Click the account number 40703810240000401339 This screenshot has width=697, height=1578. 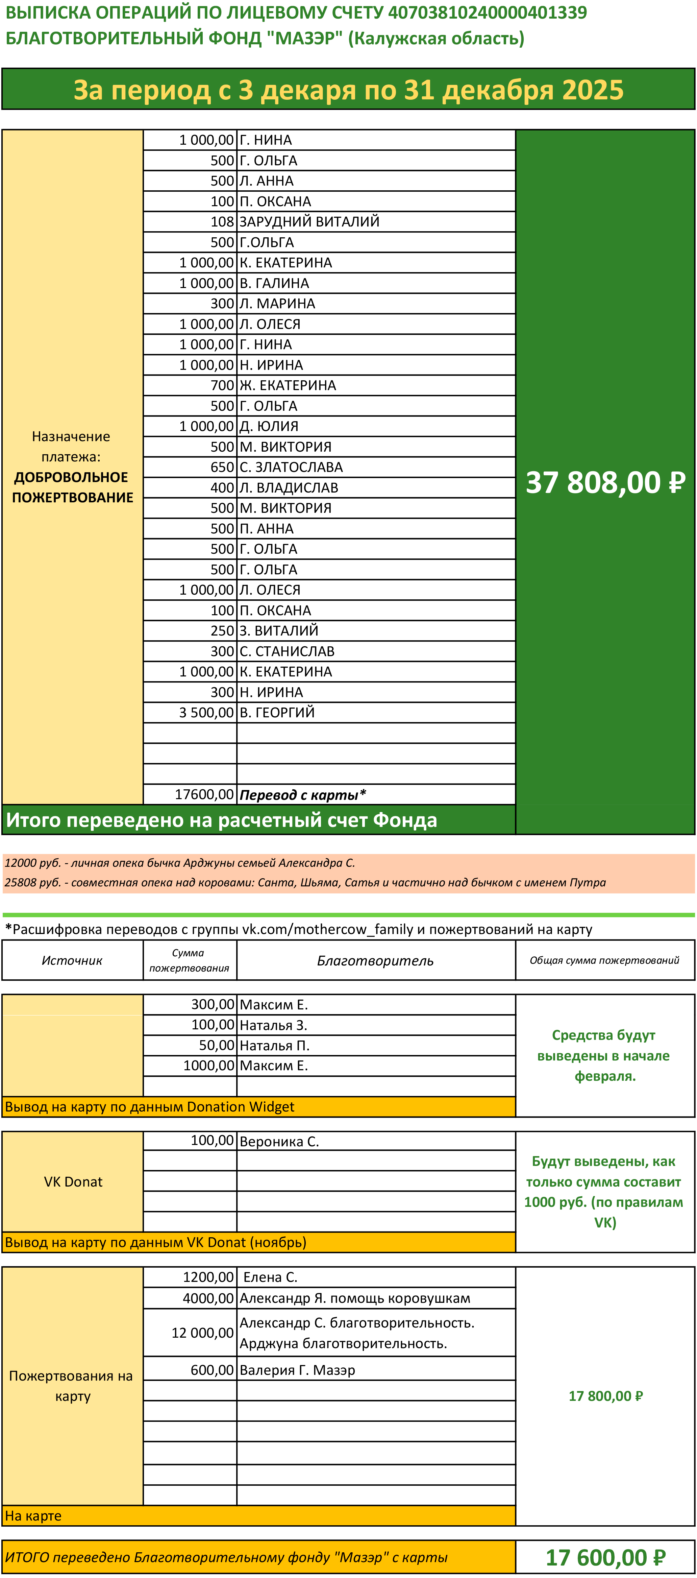487,13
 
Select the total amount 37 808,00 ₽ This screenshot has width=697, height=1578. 605,483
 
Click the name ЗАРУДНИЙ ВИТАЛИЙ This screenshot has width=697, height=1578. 309,222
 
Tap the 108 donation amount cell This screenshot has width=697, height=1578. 222,222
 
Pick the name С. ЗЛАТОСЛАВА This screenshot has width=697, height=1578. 291,468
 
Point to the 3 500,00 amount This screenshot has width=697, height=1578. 206,713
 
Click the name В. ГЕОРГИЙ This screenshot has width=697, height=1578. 277,713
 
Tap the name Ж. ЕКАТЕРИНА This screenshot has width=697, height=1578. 288,385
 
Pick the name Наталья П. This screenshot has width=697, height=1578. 274,1046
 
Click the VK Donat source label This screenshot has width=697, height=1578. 73,1182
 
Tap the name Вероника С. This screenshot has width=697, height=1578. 279,1142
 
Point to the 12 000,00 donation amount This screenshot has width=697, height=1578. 202,1333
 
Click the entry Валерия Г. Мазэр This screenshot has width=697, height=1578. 297,1370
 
